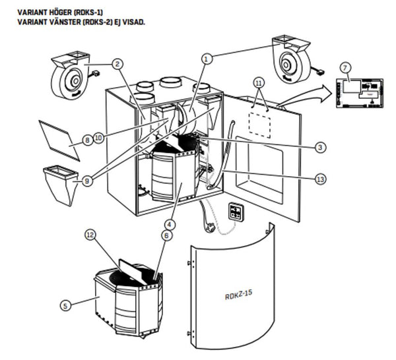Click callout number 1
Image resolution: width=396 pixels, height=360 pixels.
click(x=207, y=59)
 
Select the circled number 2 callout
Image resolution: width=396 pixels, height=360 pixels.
click(x=117, y=64)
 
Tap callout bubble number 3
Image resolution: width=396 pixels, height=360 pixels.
click(x=319, y=148)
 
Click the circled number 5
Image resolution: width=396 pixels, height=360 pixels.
click(x=65, y=305)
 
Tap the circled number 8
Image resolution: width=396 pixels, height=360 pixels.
click(x=87, y=140)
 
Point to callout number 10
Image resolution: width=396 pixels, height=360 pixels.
click(x=99, y=138)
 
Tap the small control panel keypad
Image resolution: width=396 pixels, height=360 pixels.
click(x=236, y=211)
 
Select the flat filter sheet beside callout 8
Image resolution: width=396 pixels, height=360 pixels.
click(x=59, y=138)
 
